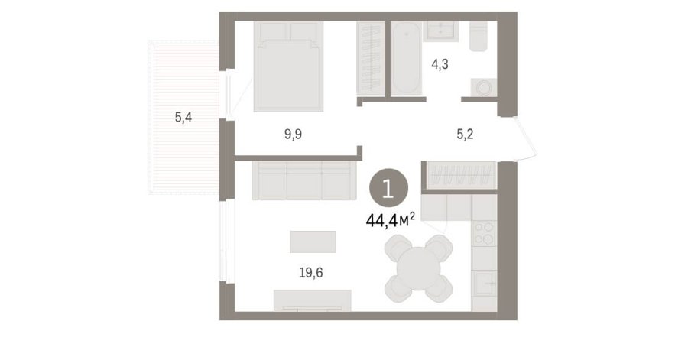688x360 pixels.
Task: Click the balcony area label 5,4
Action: coord(183,118)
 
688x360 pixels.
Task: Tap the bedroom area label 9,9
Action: coord(293,135)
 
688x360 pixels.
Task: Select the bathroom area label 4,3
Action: coord(440,65)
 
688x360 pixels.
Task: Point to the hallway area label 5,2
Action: coord(465,135)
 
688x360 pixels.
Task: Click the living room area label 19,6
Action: coord(310,273)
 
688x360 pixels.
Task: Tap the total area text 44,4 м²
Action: coord(391,220)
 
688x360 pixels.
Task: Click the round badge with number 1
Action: coord(388,189)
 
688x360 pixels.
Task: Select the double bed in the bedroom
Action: coord(288,66)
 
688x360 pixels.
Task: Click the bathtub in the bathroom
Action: coord(406,57)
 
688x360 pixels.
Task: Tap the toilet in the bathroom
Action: coord(478,37)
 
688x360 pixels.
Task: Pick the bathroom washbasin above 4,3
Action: coord(441,31)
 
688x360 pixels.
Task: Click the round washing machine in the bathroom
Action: coord(484,87)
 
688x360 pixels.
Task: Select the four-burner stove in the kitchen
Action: coord(484,233)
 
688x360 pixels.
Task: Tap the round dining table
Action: coord(419,268)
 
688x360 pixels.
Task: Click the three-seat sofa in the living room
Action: coord(304,180)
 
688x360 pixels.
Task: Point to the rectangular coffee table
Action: coord(313,242)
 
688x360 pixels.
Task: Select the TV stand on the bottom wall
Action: coord(312,300)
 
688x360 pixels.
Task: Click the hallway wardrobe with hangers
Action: coord(459,174)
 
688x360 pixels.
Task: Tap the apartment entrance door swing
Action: coord(524,138)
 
